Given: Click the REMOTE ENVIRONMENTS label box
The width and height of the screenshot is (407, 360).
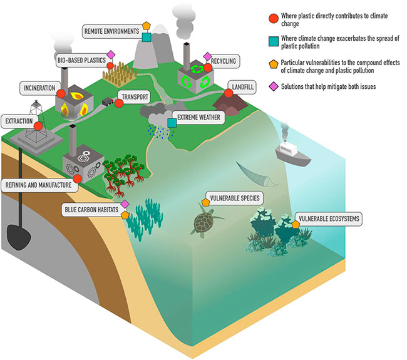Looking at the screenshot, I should [x=113, y=29].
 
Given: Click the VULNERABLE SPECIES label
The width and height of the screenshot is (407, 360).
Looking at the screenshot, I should [x=235, y=198].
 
